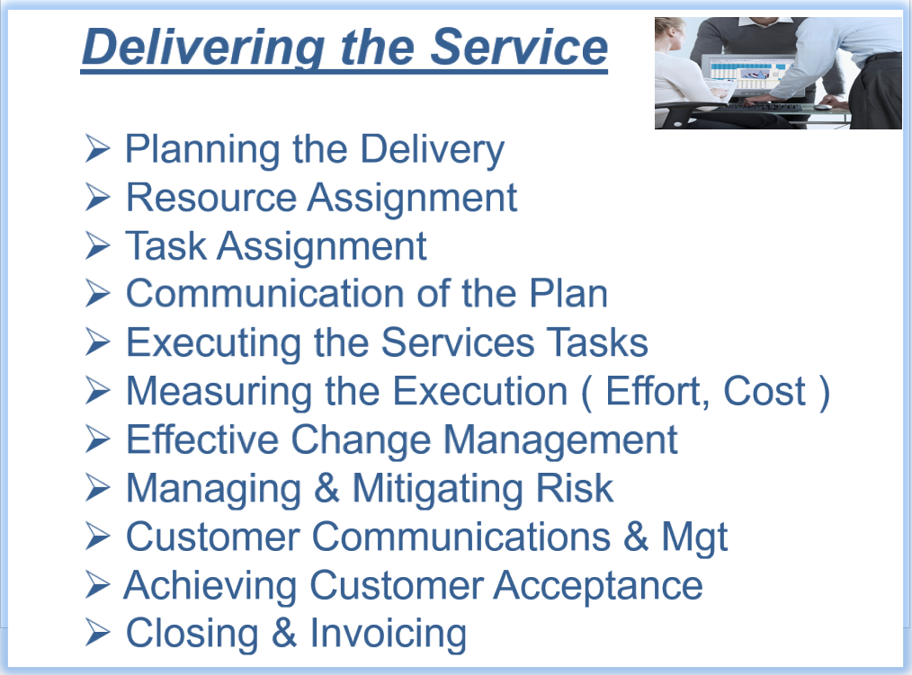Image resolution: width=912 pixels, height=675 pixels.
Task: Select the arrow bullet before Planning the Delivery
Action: tap(97, 148)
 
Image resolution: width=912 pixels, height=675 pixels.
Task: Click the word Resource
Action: tap(211, 198)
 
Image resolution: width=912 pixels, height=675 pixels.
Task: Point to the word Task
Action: tap(165, 246)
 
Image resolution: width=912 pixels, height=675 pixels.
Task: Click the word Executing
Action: tap(213, 343)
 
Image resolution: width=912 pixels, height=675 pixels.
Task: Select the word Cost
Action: tap(764, 391)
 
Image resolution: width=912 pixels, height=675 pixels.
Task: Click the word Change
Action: tap(361, 440)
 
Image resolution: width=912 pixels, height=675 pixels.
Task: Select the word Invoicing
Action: tap(388, 635)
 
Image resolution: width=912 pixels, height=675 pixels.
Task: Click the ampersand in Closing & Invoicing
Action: tap(284, 633)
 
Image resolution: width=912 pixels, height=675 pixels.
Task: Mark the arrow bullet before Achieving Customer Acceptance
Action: tap(97, 584)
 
